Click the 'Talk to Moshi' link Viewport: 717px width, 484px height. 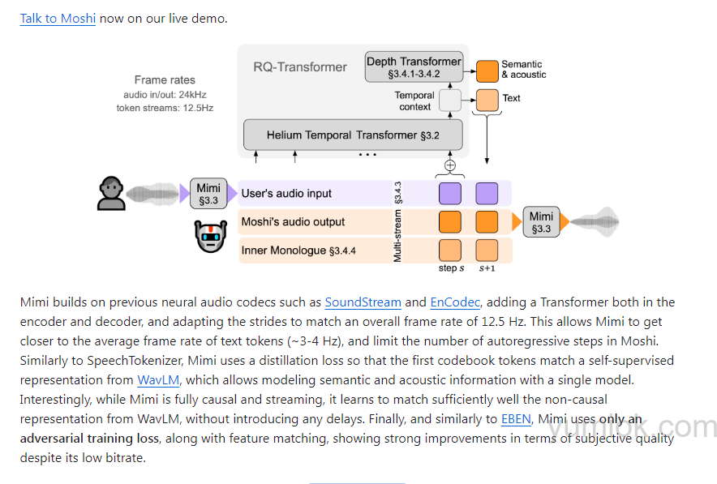pyautogui.click(x=58, y=18)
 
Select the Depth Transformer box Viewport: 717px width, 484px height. pyautogui.click(x=414, y=67)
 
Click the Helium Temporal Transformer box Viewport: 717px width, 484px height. pyautogui.click(x=353, y=134)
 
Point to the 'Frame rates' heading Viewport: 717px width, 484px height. pyautogui.click(x=165, y=79)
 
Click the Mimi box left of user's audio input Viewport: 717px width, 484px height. pyautogui.click(x=208, y=194)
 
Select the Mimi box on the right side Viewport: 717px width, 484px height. pyautogui.click(x=541, y=222)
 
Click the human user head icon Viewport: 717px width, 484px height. pyautogui.click(x=111, y=193)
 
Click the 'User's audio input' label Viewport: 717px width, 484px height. pyautogui.click(x=286, y=194)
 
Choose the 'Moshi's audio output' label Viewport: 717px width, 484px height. pyautogui.click(x=293, y=222)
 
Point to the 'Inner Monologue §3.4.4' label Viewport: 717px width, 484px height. pyautogui.click(x=298, y=251)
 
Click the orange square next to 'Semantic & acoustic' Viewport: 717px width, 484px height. pyautogui.click(x=487, y=71)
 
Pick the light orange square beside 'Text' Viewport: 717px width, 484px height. pyautogui.click(x=487, y=100)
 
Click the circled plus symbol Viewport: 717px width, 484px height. pyautogui.click(x=449, y=165)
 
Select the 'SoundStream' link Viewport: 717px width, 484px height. pyautogui.click(x=363, y=302)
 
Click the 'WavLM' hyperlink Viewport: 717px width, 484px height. pyautogui.click(x=157, y=380)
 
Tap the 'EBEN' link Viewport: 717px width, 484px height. pyautogui.click(x=516, y=419)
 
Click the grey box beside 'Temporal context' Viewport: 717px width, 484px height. pyautogui.click(x=449, y=100)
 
